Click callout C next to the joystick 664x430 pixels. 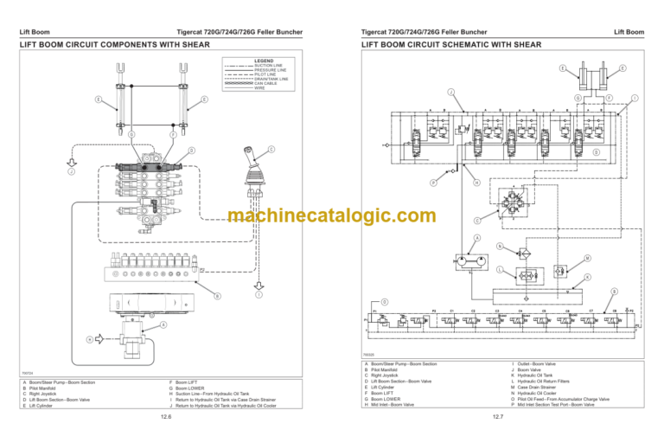(x=271, y=150)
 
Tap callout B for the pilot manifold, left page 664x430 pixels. (x=217, y=296)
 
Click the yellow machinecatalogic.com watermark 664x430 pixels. (x=331, y=216)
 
